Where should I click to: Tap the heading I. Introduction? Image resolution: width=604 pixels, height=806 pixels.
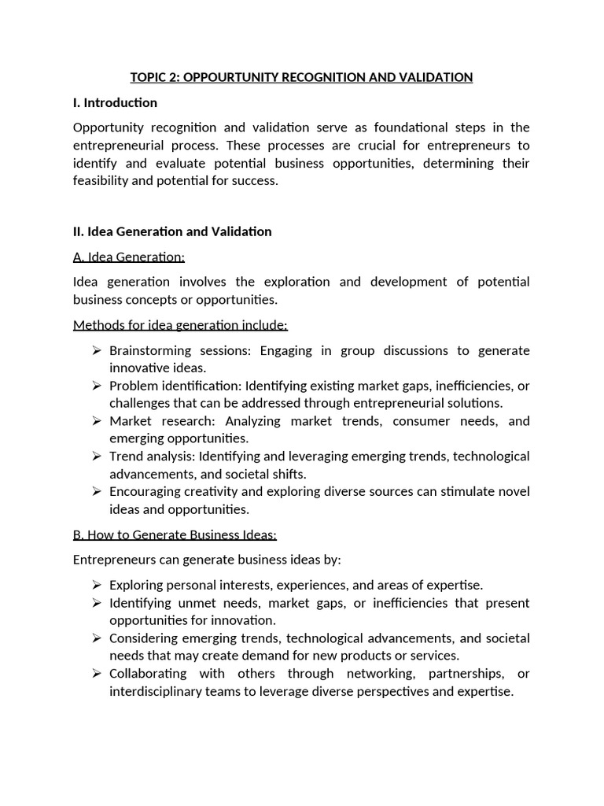115,102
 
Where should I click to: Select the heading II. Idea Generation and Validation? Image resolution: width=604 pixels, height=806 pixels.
172,231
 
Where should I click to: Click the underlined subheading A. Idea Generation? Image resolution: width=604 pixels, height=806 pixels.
129,257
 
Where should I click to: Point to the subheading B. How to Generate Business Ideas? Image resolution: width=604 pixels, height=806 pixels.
175,534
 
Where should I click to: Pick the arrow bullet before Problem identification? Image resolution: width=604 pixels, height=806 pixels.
96,386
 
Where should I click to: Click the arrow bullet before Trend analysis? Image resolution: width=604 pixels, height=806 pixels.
96,457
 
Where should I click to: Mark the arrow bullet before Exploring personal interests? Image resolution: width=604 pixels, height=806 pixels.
96,585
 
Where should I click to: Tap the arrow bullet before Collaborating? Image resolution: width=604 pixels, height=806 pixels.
96,674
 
